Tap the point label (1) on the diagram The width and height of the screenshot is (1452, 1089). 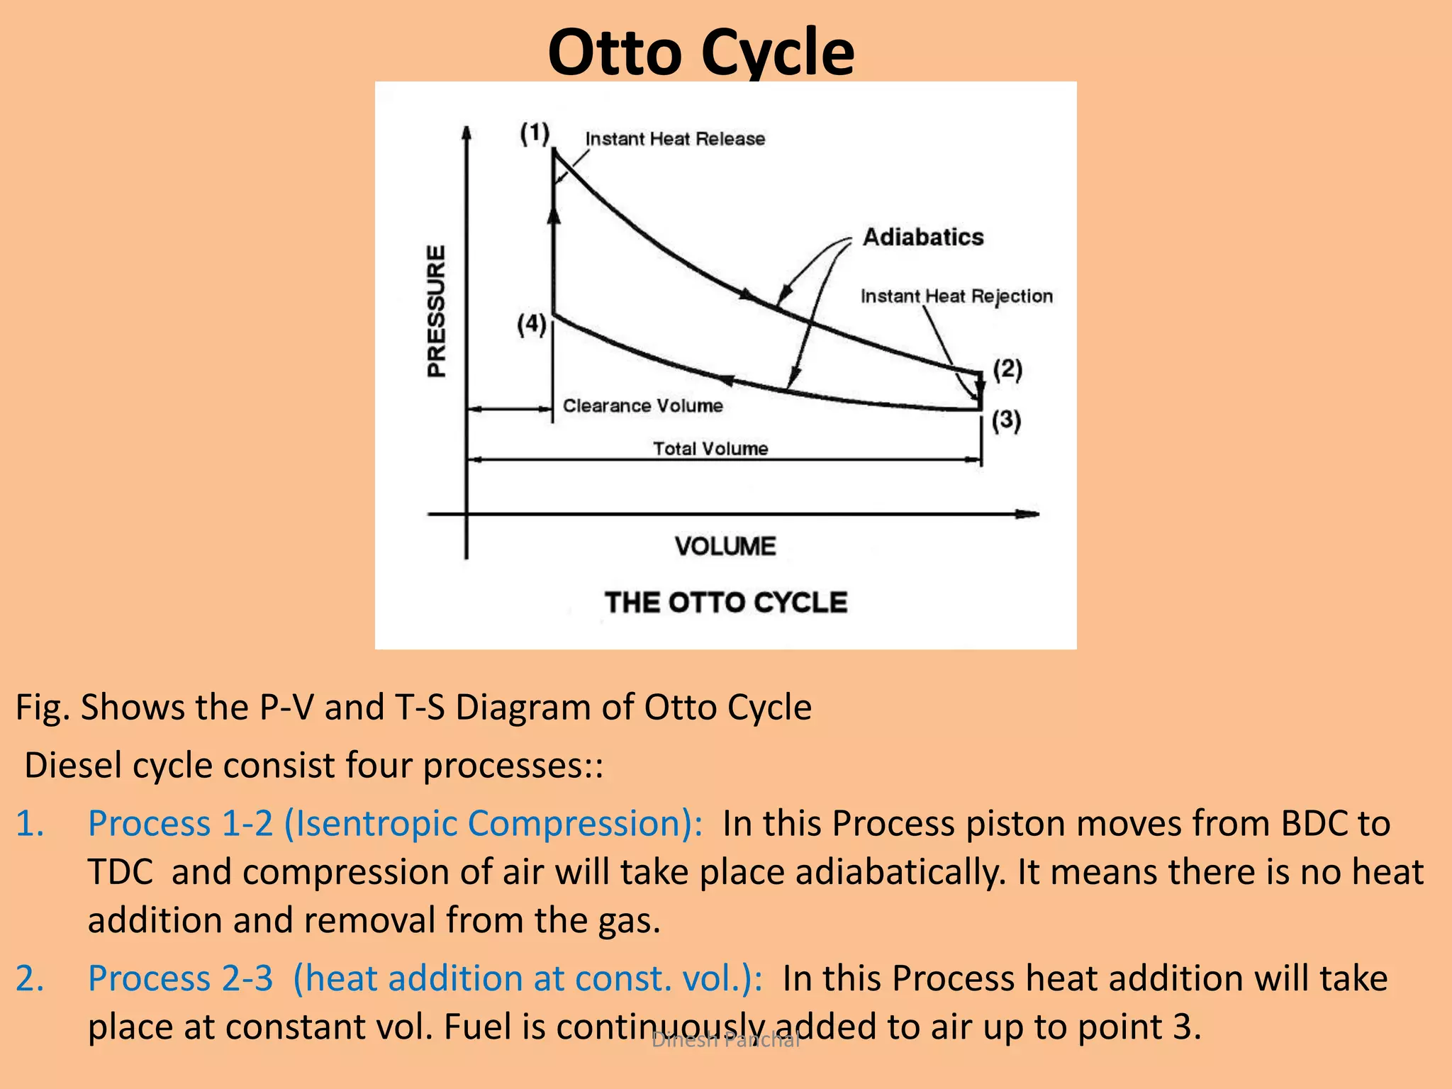535,133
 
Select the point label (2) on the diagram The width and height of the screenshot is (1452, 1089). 1007,369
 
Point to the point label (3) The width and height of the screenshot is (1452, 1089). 1006,420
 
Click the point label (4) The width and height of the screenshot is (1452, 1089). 532,325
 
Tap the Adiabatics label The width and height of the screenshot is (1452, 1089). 923,237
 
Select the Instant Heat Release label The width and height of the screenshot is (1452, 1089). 675,139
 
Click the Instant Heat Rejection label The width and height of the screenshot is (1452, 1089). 956,296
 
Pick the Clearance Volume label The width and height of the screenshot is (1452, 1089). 642,406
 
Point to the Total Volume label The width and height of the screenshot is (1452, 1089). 710,449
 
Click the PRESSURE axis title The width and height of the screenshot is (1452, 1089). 437,311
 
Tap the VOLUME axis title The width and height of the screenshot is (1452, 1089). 725,547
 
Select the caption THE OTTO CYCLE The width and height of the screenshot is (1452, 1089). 726,603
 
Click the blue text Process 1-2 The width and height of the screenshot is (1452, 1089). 180,824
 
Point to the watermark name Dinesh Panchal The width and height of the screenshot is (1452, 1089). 725,1039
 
